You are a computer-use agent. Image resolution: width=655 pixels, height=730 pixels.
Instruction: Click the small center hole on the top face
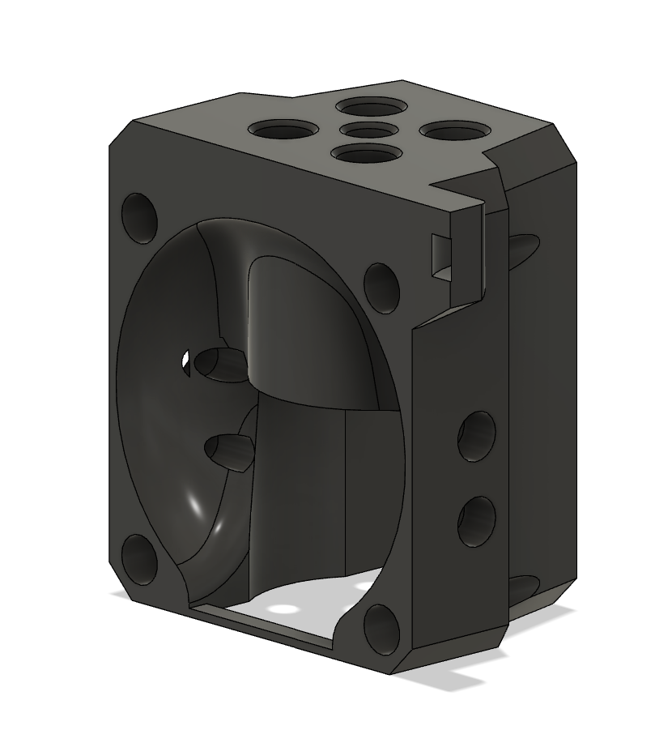[361, 130]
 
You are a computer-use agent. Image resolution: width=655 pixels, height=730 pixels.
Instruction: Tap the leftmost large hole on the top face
[283, 129]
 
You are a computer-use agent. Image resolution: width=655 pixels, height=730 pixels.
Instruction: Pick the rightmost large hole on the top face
[450, 129]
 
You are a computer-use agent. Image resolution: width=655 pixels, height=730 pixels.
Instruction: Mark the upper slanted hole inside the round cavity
[219, 363]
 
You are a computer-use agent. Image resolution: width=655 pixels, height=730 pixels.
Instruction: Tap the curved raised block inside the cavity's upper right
[308, 324]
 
